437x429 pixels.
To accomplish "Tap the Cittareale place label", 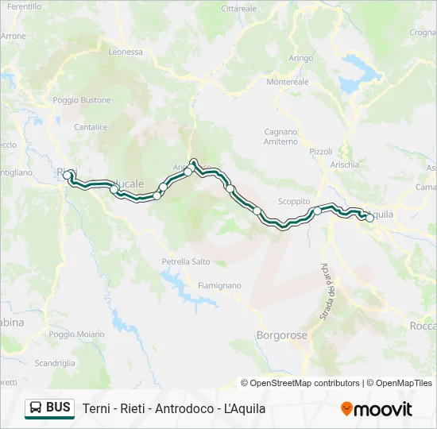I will (239, 8).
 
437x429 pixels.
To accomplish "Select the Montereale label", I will (288, 82).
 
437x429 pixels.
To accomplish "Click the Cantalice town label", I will (90, 126).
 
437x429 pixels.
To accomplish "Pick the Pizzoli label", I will (321, 151).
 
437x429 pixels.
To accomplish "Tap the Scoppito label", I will (293, 202).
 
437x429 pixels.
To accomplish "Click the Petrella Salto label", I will (186, 261).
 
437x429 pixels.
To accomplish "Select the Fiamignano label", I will (218, 284).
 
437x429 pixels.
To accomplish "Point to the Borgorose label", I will (281, 335).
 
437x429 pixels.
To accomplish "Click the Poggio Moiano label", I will (76, 334).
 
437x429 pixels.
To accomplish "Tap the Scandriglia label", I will (55, 363).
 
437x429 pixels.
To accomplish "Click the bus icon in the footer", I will (36, 408).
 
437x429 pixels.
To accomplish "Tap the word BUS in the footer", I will (59, 408).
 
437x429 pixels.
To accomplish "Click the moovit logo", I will (376, 409).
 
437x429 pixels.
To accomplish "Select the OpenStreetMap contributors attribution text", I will (300, 383).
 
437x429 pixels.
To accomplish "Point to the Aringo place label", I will (301, 58).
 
